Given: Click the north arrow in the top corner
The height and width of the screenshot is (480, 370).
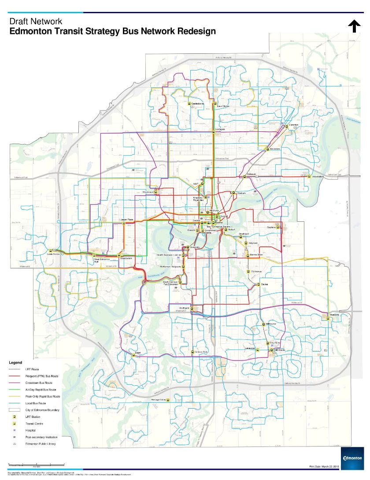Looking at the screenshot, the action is tap(355, 26).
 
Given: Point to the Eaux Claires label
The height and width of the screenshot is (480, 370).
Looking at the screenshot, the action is tap(223, 106).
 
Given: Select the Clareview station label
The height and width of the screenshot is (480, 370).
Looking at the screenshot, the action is tap(294, 125).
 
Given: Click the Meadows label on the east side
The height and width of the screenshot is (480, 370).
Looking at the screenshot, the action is tap(335, 314).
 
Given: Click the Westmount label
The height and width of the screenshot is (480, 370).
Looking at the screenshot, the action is tap(148, 192).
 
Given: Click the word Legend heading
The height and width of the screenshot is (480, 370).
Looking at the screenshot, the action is tap(15, 362).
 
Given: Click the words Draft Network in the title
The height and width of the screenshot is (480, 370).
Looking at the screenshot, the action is tap(36, 21).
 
